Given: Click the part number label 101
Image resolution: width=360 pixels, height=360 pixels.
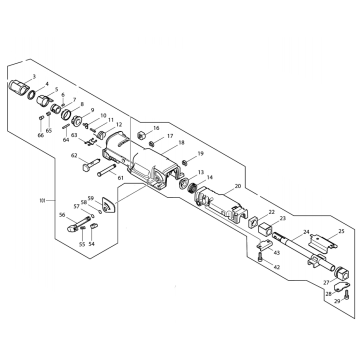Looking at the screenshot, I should click(x=42, y=200).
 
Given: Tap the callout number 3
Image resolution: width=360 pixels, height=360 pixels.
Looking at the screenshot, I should click(x=33, y=76).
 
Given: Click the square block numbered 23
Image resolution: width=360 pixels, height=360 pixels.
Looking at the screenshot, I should click(x=265, y=229).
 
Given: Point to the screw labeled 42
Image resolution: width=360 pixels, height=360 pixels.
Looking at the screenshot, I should click(x=260, y=257).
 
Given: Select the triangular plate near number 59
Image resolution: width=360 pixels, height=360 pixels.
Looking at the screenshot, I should click(x=107, y=205).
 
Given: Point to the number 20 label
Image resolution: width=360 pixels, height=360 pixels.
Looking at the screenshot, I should click(x=237, y=186).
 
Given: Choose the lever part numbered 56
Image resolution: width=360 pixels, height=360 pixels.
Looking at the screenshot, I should click(x=75, y=223).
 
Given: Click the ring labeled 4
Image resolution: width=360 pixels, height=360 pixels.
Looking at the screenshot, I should click(x=32, y=94).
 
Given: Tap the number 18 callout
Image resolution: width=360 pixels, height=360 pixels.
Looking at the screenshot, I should click(x=181, y=142).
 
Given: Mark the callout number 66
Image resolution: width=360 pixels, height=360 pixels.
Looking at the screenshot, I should click(x=40, y=135).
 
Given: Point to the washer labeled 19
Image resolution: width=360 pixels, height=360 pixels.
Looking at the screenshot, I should click(x=184, y=162).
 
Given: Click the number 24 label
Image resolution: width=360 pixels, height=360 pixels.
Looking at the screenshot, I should click(x=306, y=232).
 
